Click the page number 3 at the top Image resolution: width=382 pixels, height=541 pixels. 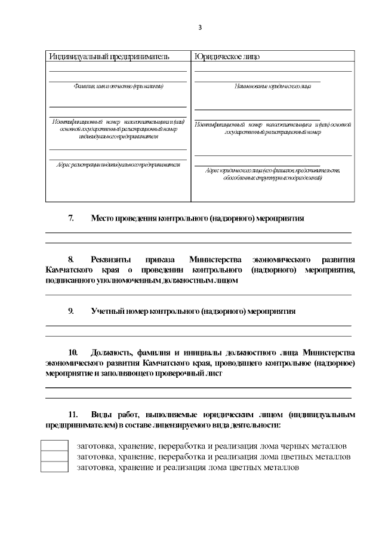point(200,27)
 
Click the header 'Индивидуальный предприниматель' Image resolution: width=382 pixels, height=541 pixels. point(109,56)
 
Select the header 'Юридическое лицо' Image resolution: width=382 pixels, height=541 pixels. point(227,56)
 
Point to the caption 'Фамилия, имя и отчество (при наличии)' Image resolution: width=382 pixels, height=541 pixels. point(118,87)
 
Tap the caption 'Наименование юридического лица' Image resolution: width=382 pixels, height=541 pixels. point(273,87)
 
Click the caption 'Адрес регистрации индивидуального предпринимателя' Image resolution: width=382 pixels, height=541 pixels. point(118,164)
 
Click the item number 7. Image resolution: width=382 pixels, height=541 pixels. point(71,218)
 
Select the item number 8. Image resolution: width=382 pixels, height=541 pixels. point(71,259)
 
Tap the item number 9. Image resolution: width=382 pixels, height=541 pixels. point(71,311)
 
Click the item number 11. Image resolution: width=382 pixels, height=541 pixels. point(73,414)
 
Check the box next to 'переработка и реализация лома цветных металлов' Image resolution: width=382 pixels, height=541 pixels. point(54,457)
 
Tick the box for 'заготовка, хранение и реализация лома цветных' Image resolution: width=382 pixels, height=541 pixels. point(54,467)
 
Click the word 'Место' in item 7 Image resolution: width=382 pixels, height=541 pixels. point(103,218)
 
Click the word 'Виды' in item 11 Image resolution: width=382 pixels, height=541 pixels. point(102,414)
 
